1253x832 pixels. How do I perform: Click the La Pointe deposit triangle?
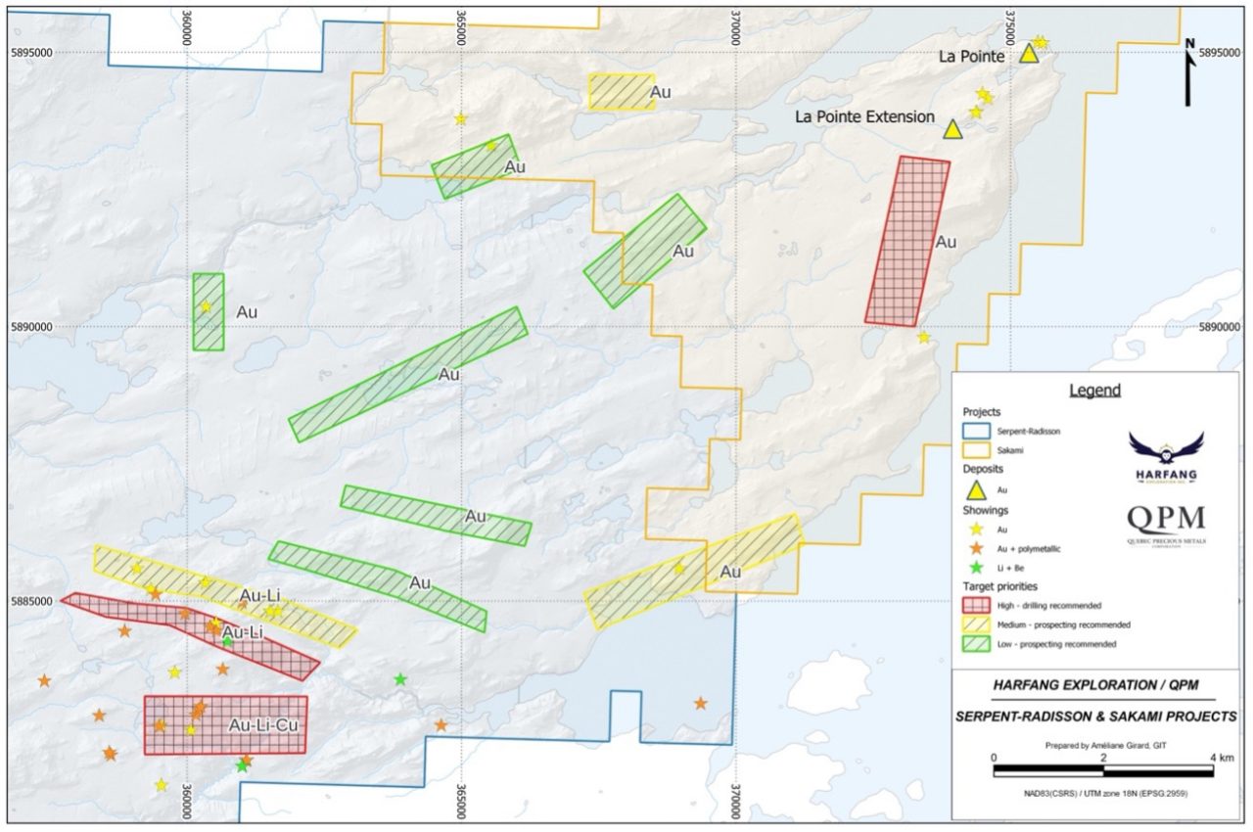[x=1028, y=53]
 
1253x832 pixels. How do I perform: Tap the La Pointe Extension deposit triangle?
[x=952, y=129]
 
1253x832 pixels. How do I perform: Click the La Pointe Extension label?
[x=864, y=116]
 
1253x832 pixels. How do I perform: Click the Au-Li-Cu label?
[x=262, y=725]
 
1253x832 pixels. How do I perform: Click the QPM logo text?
[x=1166, y=520]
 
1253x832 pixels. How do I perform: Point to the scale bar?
[x=1103, y=770]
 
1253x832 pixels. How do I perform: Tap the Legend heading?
[x=1094, y=390]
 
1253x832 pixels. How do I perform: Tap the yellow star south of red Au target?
[x=923, y=338]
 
